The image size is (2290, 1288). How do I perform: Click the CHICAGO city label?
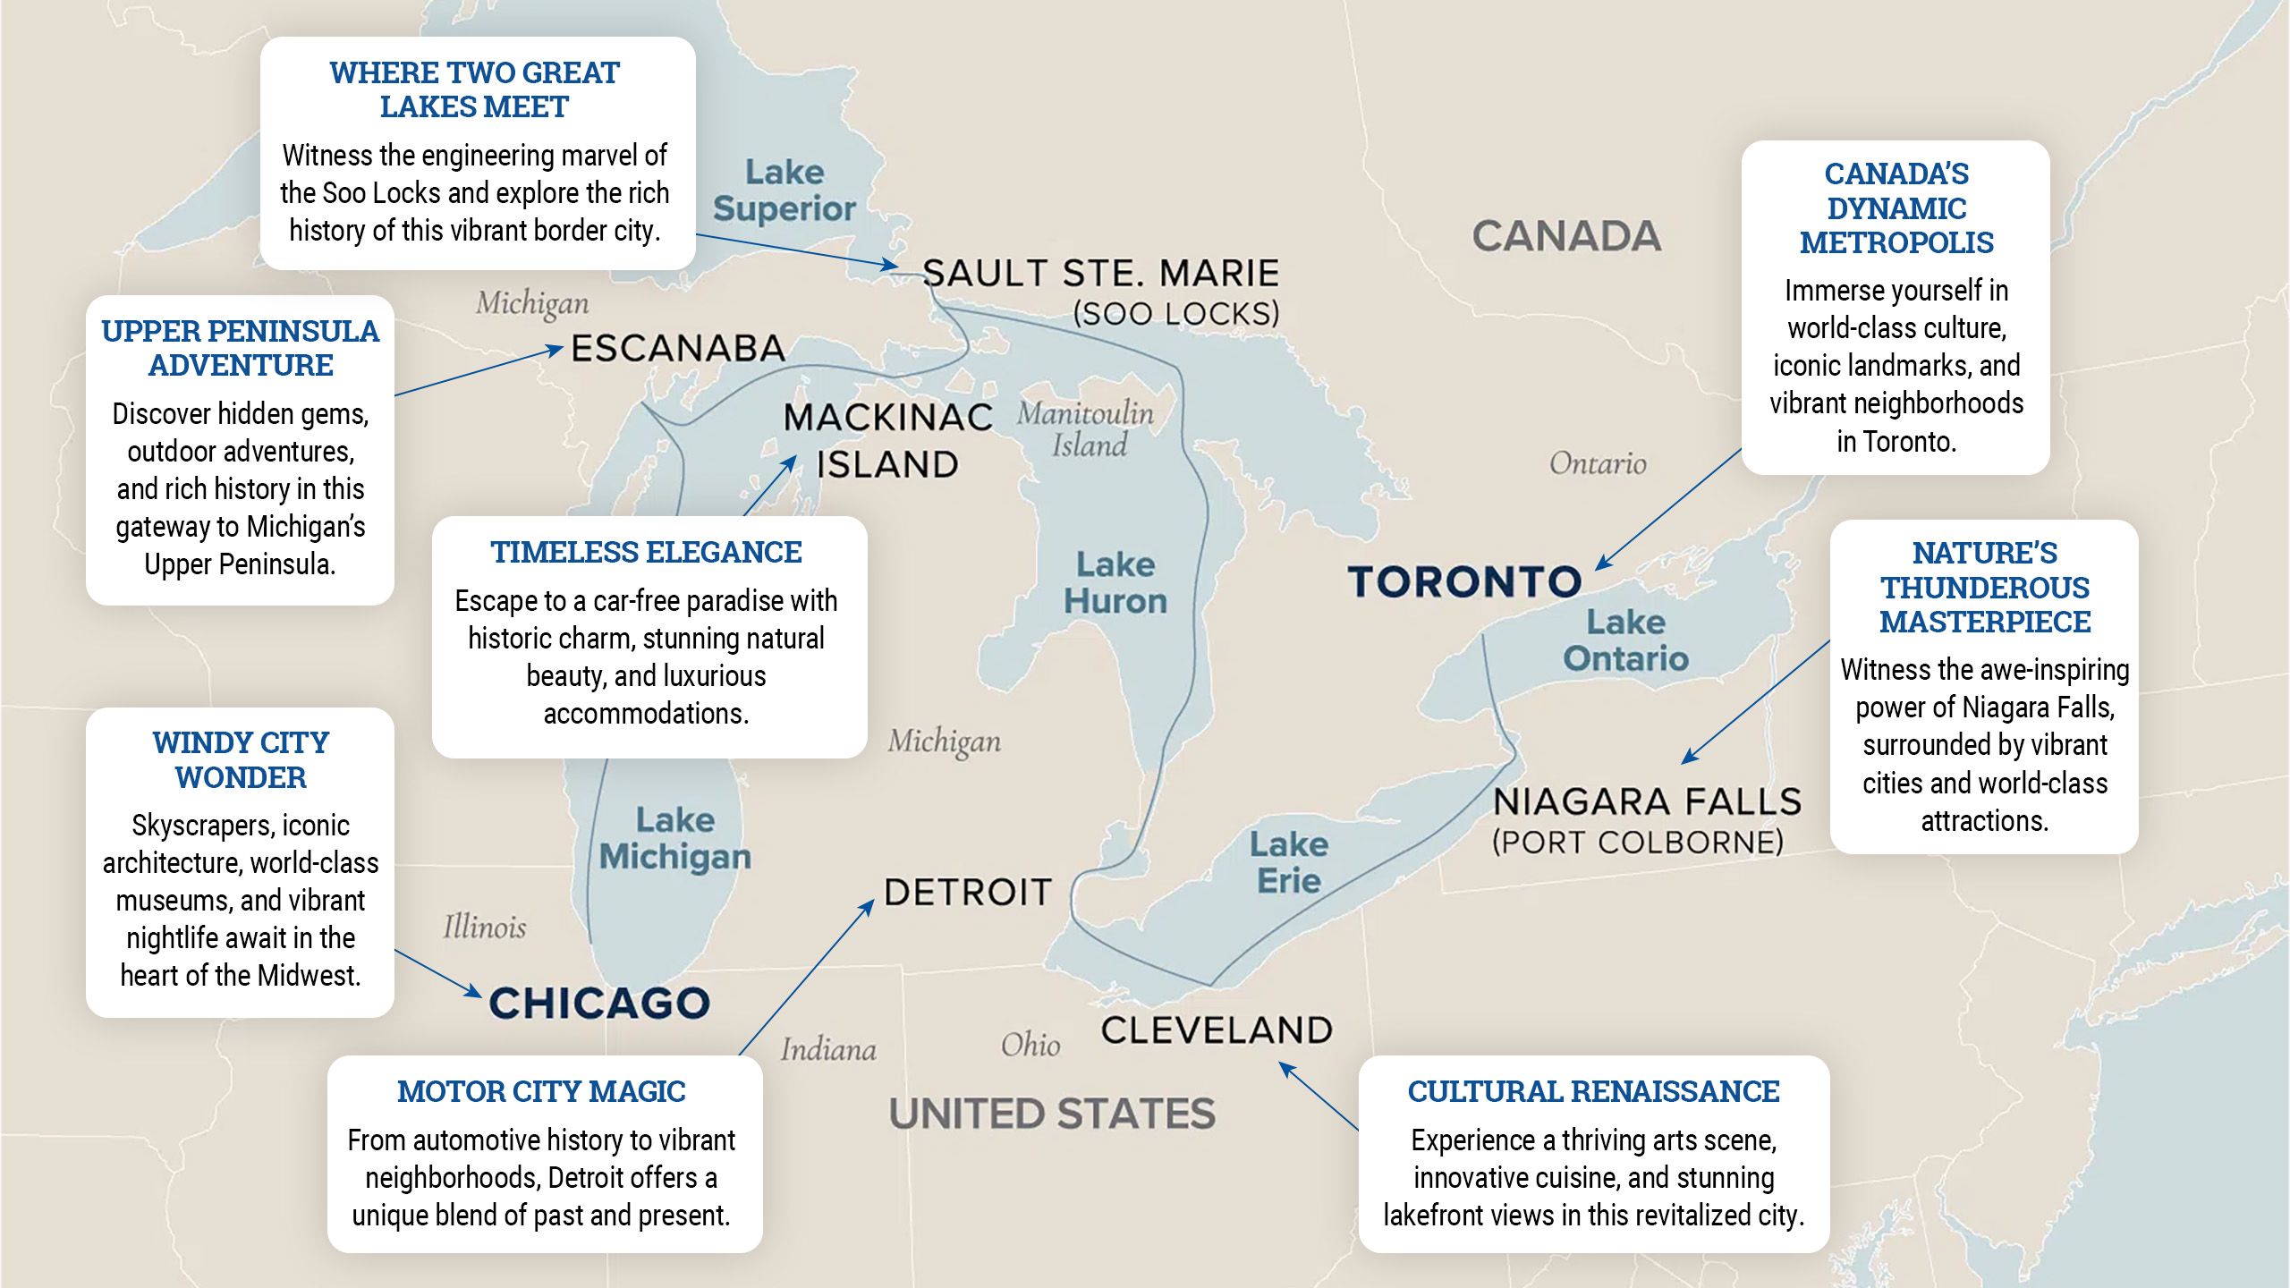pyautogui.click(x=599, y=1004)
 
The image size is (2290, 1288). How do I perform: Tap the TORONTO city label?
pyautogui.click(x=1464, y=582)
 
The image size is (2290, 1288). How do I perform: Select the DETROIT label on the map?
pyautogui.click(x=967, y=893)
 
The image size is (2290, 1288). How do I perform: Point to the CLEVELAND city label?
pyautogui.click(x=1217, y=1030)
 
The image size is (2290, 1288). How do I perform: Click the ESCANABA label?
pyautogui.click(x=678, y=349)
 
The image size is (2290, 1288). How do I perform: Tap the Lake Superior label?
pyautogui.click(x=785, y=191)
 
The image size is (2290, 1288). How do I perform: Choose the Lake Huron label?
pyautogui.click(x=1115, y=583)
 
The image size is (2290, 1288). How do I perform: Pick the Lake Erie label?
pyautogui.click(x=1289, y=862)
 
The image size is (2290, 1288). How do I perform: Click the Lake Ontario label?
pyautogui.click(x=1625, y=640)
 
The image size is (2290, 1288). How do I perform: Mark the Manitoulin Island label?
pyautogui.click(x=1086, y=429)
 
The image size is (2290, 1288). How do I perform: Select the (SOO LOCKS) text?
pyautogui.click(x=1176, y=314)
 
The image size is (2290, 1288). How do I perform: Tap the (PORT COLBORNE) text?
pyautogui.click(x=1637, y=843)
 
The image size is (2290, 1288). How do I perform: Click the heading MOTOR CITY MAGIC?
pyautogui.click(x=541, y=1091)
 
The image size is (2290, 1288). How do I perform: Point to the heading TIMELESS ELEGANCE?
pyautogui.click(x=646, y=552)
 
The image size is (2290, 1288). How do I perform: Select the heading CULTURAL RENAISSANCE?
pyautogui.click(x=1593, y=1091)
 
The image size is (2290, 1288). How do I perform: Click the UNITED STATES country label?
pyautogui.click(x=1052, y=1114)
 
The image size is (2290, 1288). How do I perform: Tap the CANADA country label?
pyautogui.click(x=1566, y=237)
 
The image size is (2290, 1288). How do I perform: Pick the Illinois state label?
pyautogui.click(x=485, y=928)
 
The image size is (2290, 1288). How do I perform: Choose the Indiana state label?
pyautogui.click(x=828, y=1049)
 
